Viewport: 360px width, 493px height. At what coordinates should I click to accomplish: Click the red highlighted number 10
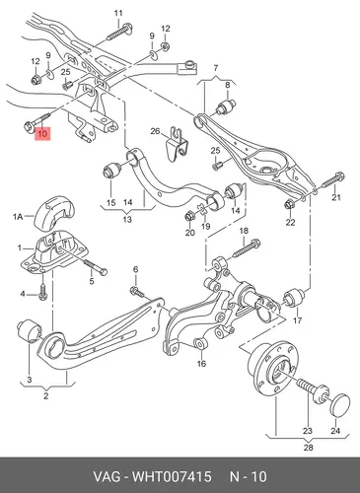point(42,133)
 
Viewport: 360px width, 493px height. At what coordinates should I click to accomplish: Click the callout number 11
point(118,13)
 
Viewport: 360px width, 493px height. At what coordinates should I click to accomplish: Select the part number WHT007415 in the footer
point(172,476)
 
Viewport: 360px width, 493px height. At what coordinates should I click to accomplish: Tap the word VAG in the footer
point(106,476)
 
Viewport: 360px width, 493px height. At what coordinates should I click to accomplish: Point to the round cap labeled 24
point(341,405)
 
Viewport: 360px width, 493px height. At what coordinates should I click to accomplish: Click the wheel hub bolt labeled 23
point(313,391)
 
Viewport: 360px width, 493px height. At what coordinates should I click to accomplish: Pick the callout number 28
point(308,447)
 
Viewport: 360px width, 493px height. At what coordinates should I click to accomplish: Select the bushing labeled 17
point(294,298)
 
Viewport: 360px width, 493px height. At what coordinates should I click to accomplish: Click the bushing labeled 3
point(29,330)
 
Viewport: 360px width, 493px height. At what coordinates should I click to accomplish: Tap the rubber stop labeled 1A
point(55,212)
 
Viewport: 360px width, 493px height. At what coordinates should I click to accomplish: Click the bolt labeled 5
point(96,267)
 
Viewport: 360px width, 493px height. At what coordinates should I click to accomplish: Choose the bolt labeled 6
point(137,291)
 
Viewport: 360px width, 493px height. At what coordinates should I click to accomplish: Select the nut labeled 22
point(290,204)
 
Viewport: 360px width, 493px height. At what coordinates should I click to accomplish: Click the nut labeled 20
point(189,216)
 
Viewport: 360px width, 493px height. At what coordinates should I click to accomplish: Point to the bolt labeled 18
point(247,248)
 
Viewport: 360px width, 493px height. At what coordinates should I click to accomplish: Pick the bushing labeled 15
point(111,170)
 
